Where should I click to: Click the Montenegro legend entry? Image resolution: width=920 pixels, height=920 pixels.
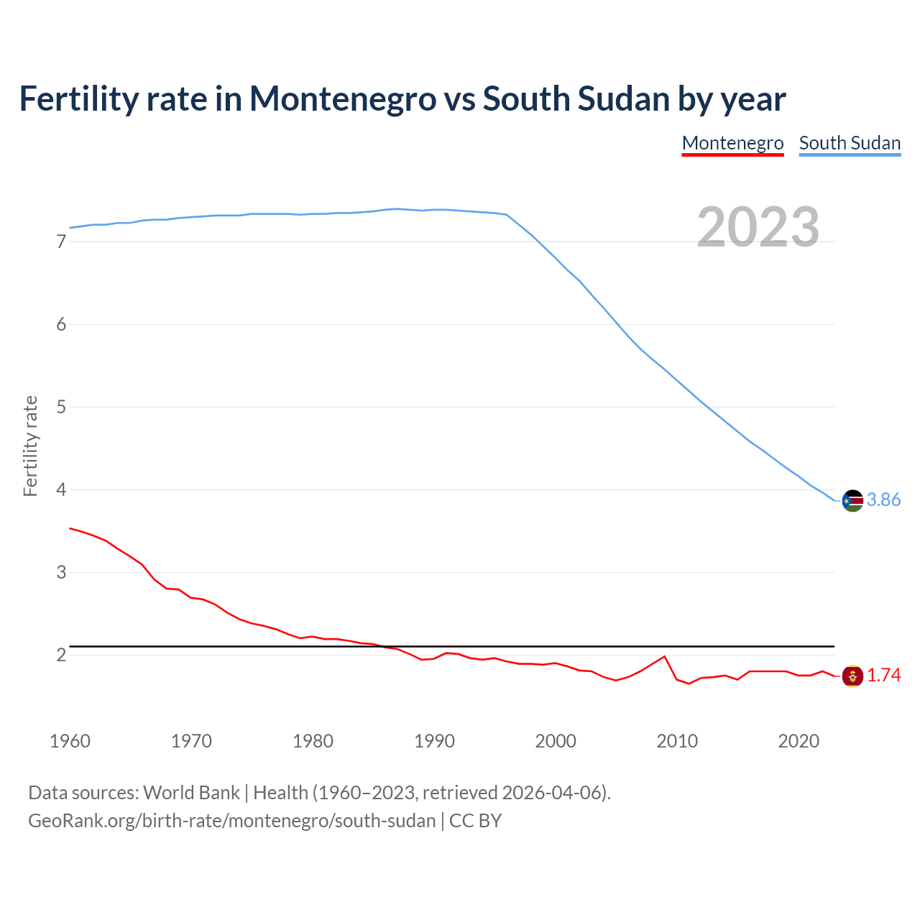coord(732,143)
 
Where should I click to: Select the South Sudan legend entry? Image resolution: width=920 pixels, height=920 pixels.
coord(850,143)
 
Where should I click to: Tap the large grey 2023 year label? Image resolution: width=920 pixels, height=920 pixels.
coord(758,227)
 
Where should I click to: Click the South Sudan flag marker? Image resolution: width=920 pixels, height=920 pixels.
coord(852,500)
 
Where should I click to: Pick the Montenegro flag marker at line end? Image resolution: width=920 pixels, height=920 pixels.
coord(852,676)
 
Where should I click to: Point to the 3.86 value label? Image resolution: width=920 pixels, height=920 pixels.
coord(883,500)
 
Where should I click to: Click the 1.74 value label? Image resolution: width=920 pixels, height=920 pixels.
coord(883,676)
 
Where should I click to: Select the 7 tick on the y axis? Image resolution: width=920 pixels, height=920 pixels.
coord(61,242)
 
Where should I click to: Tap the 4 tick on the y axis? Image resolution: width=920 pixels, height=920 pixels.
coord(61,490)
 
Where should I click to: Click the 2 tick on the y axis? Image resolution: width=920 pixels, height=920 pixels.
coord(61,655)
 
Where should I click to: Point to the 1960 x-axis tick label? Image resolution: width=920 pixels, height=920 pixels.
coord(70,741)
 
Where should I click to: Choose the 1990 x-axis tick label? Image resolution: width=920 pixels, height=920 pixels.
coord(434,741)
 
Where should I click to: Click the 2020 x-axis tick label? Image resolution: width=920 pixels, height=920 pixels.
coord(799,741)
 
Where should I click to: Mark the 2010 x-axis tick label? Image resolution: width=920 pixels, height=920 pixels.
coord(677,741)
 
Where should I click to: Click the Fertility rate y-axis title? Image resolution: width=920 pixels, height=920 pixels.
coord(30,446)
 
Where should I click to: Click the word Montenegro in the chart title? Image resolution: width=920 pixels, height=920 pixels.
coord(342,98)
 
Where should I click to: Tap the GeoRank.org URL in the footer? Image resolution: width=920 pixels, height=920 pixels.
coord(231,821)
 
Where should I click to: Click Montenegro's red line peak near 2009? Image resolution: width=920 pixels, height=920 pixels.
coord(664,656)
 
